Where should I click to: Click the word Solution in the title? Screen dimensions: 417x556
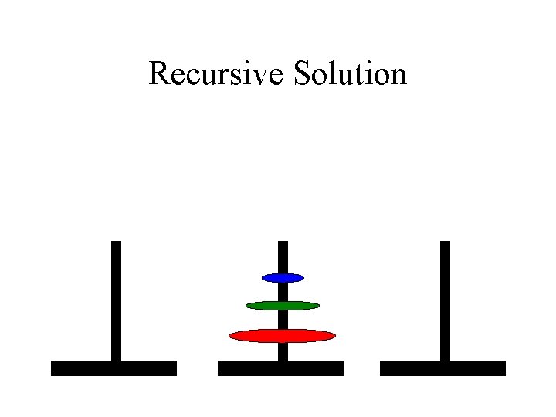tap(350, 73)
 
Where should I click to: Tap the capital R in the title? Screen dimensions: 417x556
tap(158, 73)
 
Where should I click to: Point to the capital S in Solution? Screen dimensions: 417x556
tap(301, 73)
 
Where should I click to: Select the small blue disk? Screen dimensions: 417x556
tap(283, 277)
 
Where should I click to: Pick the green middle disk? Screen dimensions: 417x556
tap(283, 306)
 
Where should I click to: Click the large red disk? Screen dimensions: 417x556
tap(283, 335)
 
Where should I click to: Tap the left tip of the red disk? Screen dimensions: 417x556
tap(231, 335)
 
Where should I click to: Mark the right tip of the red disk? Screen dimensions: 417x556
tap(334, 335)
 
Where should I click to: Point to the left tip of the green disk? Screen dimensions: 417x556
tap(247, 306)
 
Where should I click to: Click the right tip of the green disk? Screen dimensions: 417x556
tap(318, 306)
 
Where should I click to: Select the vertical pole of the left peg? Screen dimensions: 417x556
tap(116, 301)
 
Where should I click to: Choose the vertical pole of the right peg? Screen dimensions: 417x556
tap(444, 301)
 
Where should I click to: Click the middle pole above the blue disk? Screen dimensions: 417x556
tap(283, 256)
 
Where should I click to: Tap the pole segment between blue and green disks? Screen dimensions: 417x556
tap(283, 291)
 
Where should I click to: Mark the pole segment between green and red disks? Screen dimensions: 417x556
tap(283, 320)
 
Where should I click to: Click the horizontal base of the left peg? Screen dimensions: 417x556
tap(114, 368)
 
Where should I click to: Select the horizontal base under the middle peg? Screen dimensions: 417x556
tap(280, 368)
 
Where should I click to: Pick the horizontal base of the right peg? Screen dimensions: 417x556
tap(442, 368)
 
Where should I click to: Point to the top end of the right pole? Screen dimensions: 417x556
tap(444, 243)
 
